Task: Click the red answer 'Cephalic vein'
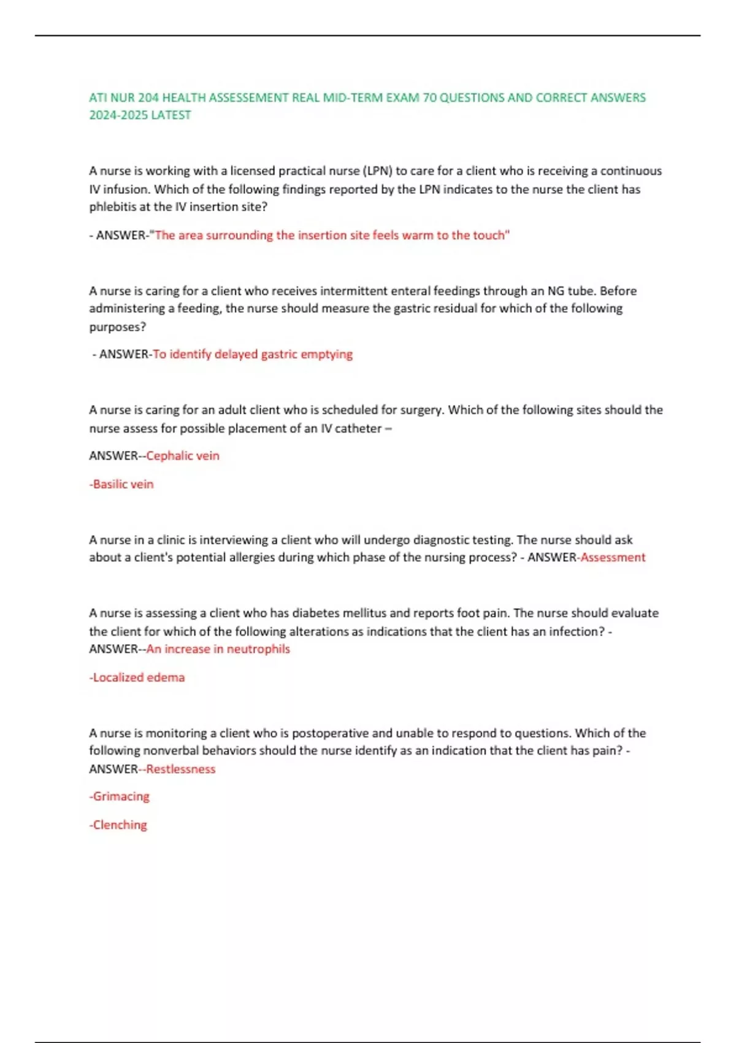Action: [x=183, y=456]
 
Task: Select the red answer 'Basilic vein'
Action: [x=121, y=484]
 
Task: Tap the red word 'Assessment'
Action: [x=613, y=557]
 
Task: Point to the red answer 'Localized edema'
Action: [x=137, y=677]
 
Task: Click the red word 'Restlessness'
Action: [x=181, y=769]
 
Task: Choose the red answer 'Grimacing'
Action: [x=120, y=796]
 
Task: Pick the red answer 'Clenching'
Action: [x=118, y=825]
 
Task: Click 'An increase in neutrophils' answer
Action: [x=218, y=649]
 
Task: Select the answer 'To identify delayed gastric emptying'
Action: [x=253, y=354]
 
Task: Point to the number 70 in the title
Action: [x=429, y=98]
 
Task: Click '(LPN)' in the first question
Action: [x=377, y=171]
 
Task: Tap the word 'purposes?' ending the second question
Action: [x=118, y=326]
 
